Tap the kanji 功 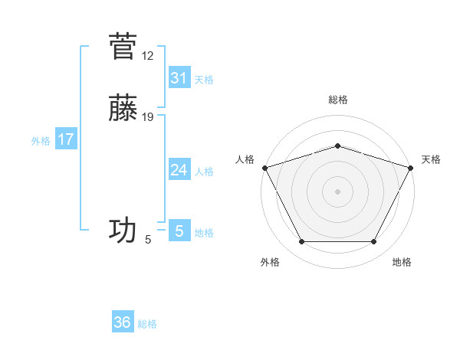(x=123, y=230)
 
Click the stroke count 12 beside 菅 (x=148, y=56)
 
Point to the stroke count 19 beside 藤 (x=148, y=117)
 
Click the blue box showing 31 (x=179, y=78)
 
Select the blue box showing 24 (x=179, y=170)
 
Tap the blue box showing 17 (x=65, y=139)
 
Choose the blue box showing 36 (x=123, y=322)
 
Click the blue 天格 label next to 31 (x=204, y=80)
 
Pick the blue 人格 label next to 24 (x=204, y=172)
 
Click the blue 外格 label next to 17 (x=40, y=141)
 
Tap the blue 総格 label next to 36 (x=147, y=324)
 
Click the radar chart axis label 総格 (x=337, y=100)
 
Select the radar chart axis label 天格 (x=431, y=159)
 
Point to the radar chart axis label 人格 (x=245, y=159)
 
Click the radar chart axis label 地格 (x=402, y=262)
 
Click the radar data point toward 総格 (x=337, y=146)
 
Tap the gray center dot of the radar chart (x=337, y=191)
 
